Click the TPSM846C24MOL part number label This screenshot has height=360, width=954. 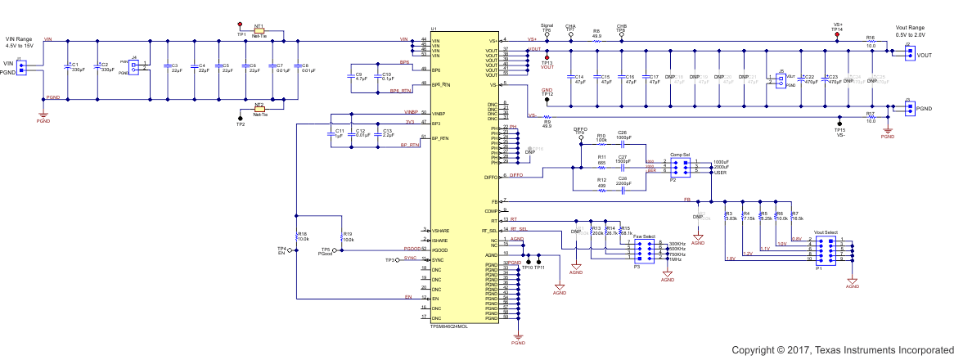448,326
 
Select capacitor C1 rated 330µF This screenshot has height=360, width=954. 68,68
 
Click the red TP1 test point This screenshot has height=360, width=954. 241,25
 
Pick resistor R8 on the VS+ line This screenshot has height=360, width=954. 596,40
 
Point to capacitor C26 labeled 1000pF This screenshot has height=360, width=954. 623,140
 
